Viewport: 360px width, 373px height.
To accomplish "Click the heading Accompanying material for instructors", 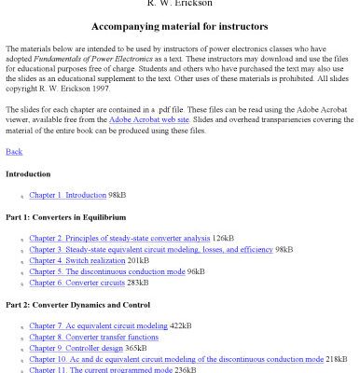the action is (179, 26).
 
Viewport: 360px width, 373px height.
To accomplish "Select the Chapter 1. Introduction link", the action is (67, 196).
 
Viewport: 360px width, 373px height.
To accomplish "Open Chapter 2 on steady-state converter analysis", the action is (119, 239).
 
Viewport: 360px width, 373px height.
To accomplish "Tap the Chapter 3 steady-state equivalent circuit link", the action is (151, 250).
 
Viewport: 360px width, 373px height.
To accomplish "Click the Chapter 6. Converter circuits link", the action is (76, 283).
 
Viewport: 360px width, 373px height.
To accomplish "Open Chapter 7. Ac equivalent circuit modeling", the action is (98, 326).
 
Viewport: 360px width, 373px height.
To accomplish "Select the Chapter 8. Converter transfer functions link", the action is (93, 338).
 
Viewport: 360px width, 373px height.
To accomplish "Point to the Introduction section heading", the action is (28, 174).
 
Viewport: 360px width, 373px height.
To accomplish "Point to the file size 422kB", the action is (181, 326).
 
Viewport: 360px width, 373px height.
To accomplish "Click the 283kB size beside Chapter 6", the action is (138, 283).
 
